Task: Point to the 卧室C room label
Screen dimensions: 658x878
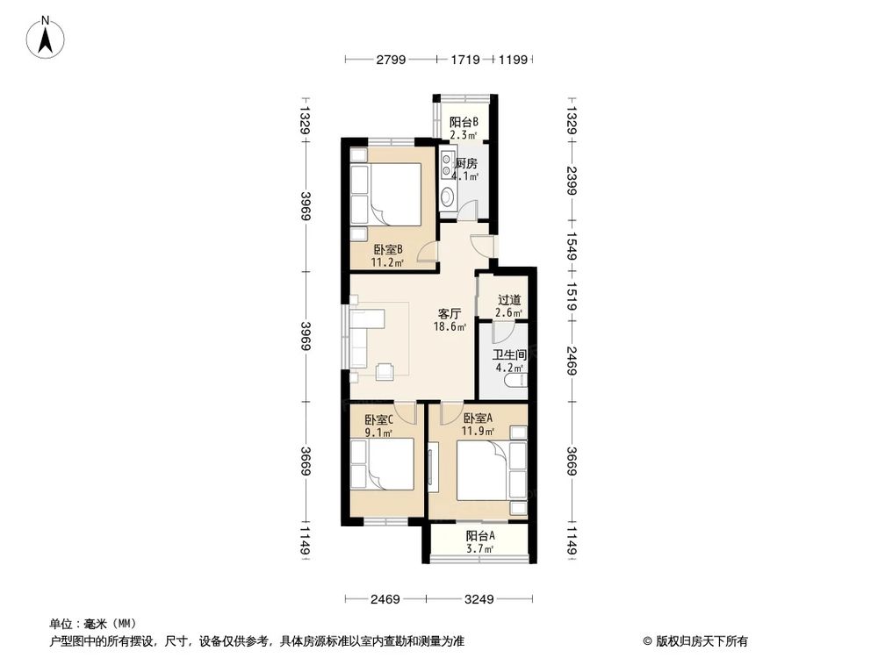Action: [x=378, y=418]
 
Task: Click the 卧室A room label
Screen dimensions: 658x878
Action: [x=479, y=418]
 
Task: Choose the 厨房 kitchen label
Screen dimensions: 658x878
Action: [x=465, y=163]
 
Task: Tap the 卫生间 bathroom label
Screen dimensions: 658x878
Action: [x=508, y=355]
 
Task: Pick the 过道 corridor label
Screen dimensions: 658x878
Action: [x=509, y=299]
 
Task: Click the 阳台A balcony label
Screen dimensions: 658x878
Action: [x=480, y=536]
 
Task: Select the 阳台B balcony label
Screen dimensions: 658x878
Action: [x=464, y=122]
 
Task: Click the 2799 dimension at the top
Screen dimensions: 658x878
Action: [x=391, y=60]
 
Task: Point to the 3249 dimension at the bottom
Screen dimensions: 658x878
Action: [x=478, y=599]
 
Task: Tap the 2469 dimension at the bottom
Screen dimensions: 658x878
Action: [x=385, y=599]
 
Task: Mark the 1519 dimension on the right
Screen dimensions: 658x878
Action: [x=571, y=291]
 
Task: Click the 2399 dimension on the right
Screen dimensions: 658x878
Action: [x=571, y=183]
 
